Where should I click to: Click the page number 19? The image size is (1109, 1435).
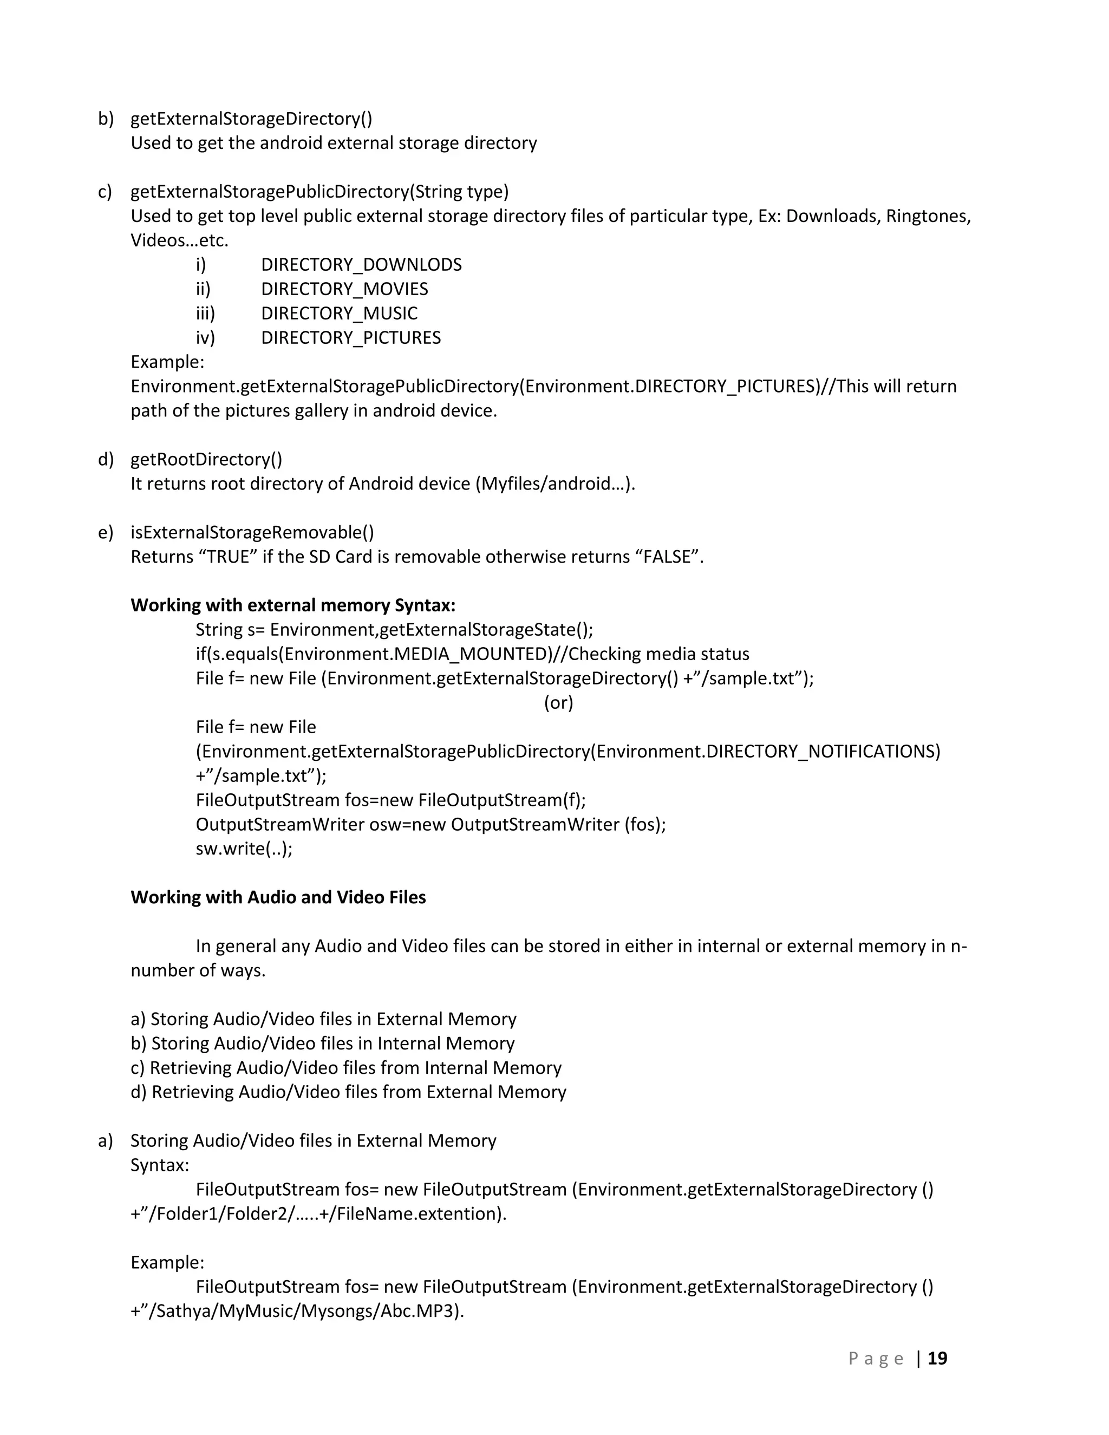937,1358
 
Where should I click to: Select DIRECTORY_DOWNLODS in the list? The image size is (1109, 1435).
361,265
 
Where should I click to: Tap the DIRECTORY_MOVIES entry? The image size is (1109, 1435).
344,289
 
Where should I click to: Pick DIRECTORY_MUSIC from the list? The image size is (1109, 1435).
339,314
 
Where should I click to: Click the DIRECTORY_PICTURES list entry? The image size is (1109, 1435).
351,338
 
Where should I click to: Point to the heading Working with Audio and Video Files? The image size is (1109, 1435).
278,897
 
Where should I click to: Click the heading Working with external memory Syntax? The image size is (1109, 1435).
293,605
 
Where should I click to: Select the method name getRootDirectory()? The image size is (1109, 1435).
206,459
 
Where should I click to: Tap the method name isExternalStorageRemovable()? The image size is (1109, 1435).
252,532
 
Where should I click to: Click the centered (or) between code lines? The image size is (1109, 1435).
558,703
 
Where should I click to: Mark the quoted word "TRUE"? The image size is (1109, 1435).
228,557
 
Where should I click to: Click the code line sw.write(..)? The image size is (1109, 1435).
244,849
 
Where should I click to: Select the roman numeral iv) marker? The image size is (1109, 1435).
205,338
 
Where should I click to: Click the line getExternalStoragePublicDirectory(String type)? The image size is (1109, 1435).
319,192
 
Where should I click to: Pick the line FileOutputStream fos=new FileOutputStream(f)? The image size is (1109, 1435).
390,800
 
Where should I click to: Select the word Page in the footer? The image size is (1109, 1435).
876,1359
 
